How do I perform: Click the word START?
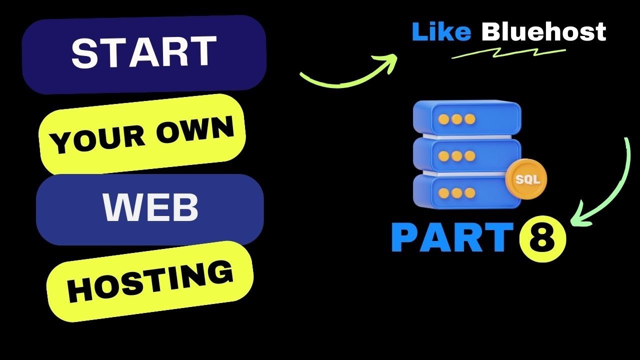tap(143, 52)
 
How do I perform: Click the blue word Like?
tap(441, 32)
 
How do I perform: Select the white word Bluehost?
tap(543, 32)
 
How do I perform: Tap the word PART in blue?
tap(452, 238)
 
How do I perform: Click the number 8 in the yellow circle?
tap(543, 239)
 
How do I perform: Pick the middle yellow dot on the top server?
tap(456, 118)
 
